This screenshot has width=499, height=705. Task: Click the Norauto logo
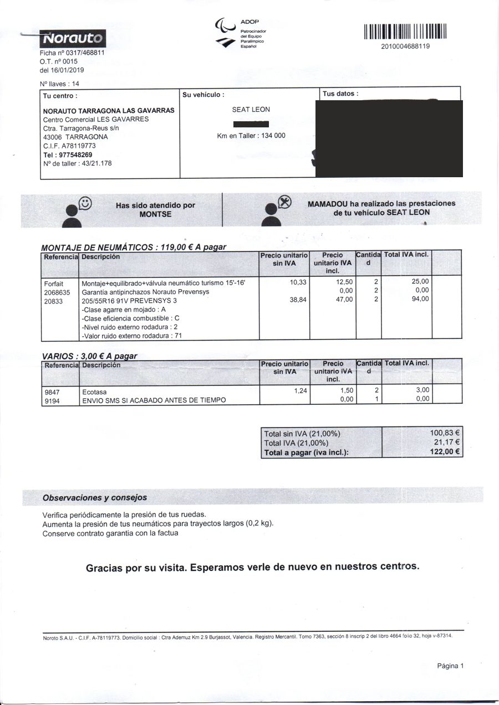(73, 38)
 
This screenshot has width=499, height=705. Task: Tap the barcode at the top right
(405, 32)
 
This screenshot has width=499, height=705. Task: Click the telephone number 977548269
(75, 155)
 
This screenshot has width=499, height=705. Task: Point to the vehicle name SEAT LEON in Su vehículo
(251, 110)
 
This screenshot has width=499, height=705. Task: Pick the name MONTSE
(155, 214)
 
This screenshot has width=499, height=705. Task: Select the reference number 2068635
(57, 292)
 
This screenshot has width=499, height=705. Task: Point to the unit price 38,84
(298, 299)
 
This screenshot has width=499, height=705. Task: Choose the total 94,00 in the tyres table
(420, 299)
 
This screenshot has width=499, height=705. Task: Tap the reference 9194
(52, 399)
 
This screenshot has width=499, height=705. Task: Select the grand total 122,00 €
(445, 451)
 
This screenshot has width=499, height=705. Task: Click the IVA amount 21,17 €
(447, 442)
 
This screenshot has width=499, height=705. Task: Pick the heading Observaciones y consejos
(95, 497)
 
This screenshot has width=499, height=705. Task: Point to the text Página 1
(450, 666)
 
